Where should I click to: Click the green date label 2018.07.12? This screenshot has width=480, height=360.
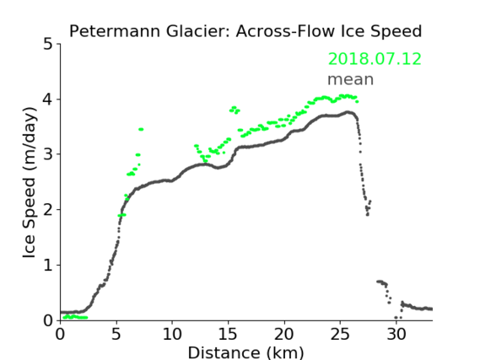[375, 59]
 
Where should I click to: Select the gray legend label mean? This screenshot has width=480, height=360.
[351, 79]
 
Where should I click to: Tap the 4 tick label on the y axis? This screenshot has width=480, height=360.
[48, 99]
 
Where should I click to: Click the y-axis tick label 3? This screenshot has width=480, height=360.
[48, 154]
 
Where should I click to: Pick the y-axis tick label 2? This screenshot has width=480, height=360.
[48, 210]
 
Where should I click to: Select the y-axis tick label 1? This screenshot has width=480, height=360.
[48, 266]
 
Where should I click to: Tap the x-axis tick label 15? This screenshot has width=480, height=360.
[228, 334]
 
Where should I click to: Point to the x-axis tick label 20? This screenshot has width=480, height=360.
[284, 334]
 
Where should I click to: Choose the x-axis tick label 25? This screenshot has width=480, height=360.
[340, 334]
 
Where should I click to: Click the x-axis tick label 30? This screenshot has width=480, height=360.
[396, 334]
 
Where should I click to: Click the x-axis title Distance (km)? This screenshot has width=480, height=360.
[245, 353]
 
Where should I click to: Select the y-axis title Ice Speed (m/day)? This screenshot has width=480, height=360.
[30, 183]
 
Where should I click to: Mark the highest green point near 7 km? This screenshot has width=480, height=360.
[141, 129]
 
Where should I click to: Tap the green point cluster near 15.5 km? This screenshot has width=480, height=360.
[235, 110]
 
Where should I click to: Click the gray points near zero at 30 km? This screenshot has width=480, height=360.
[398, 318]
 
